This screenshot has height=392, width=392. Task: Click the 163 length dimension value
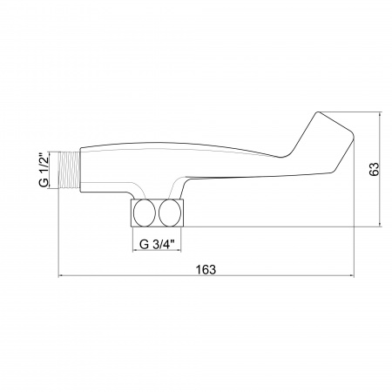206,270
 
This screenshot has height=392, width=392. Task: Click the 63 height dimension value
375,169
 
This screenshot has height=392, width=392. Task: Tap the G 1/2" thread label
44,170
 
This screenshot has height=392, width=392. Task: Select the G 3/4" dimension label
157,244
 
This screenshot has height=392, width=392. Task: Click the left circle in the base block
144,213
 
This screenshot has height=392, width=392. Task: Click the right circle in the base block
170,213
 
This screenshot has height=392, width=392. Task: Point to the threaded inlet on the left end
69,171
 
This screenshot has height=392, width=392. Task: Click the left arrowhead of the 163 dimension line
60,275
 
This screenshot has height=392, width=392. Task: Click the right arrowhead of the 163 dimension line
352,275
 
